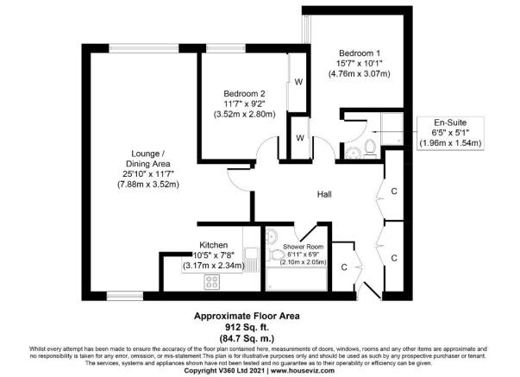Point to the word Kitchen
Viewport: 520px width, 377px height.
click(213, 244)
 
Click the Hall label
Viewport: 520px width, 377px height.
click(324, 194)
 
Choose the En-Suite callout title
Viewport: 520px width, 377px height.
click(448, 123)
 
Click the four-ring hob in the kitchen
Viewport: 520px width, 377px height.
click(213, 281)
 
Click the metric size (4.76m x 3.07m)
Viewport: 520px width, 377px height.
click(360, 74)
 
